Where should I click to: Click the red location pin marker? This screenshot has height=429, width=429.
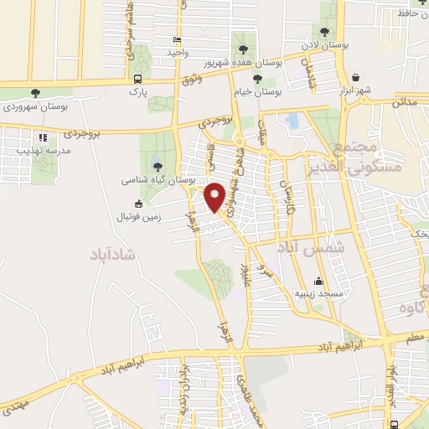[x=214, y=195]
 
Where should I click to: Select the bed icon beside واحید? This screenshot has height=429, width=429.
[x=176, y=40]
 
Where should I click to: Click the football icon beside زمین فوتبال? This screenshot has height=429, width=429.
[x=138, y=203]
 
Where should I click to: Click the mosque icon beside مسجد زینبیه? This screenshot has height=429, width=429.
[x=318, y=282]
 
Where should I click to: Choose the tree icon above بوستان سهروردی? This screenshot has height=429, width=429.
[x=35, y=93]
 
